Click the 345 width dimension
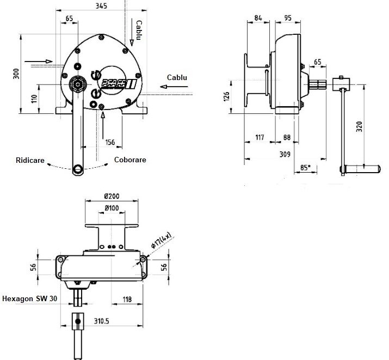tap(101, 5)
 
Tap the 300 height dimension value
tap(16, 74)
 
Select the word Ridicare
tap(30, 160)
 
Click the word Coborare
tap(130, 160)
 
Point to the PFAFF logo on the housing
tap(119, 83)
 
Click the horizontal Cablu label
tap(177, 77)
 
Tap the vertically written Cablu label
tap(139, 30)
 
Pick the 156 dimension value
tap(110, 142)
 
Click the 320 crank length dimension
tap(359, 126)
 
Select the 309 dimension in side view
tap(285, 154)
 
